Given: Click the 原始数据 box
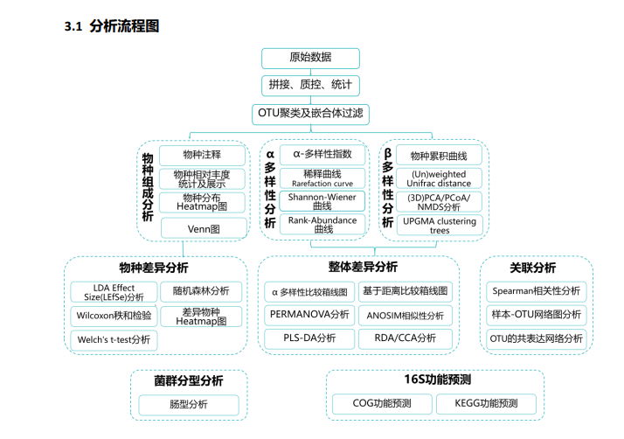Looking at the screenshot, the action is pos(310,59).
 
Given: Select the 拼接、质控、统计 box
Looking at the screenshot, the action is pos(310,85).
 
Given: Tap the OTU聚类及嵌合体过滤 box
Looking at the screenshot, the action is pos(310,115).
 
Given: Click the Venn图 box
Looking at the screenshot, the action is pos(204,228).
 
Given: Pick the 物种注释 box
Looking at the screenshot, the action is pos(202,155).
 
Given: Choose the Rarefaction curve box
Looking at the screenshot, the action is pos(322,178).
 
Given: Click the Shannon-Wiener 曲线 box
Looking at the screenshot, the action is pos(322,201).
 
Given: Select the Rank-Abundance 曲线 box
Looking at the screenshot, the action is pos(322,224).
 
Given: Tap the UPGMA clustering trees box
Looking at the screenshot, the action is pos(440,225).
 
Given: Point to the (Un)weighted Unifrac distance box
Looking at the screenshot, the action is pos(439,178).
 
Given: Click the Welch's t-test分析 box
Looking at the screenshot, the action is pos(114,340).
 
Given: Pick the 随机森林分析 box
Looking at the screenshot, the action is pos(201,291).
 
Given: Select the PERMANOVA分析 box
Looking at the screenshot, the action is pos(309,315).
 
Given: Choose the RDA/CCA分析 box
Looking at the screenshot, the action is pos(406,338).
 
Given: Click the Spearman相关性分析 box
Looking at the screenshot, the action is pos(536,291).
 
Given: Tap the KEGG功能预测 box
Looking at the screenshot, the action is pos(486,404).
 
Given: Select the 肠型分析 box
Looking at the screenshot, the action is pos(189,405).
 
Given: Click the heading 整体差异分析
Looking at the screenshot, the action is pos(363,267).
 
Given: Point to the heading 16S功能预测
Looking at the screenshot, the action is pos(438,380).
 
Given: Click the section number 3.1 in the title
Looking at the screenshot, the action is pos(73,27).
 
